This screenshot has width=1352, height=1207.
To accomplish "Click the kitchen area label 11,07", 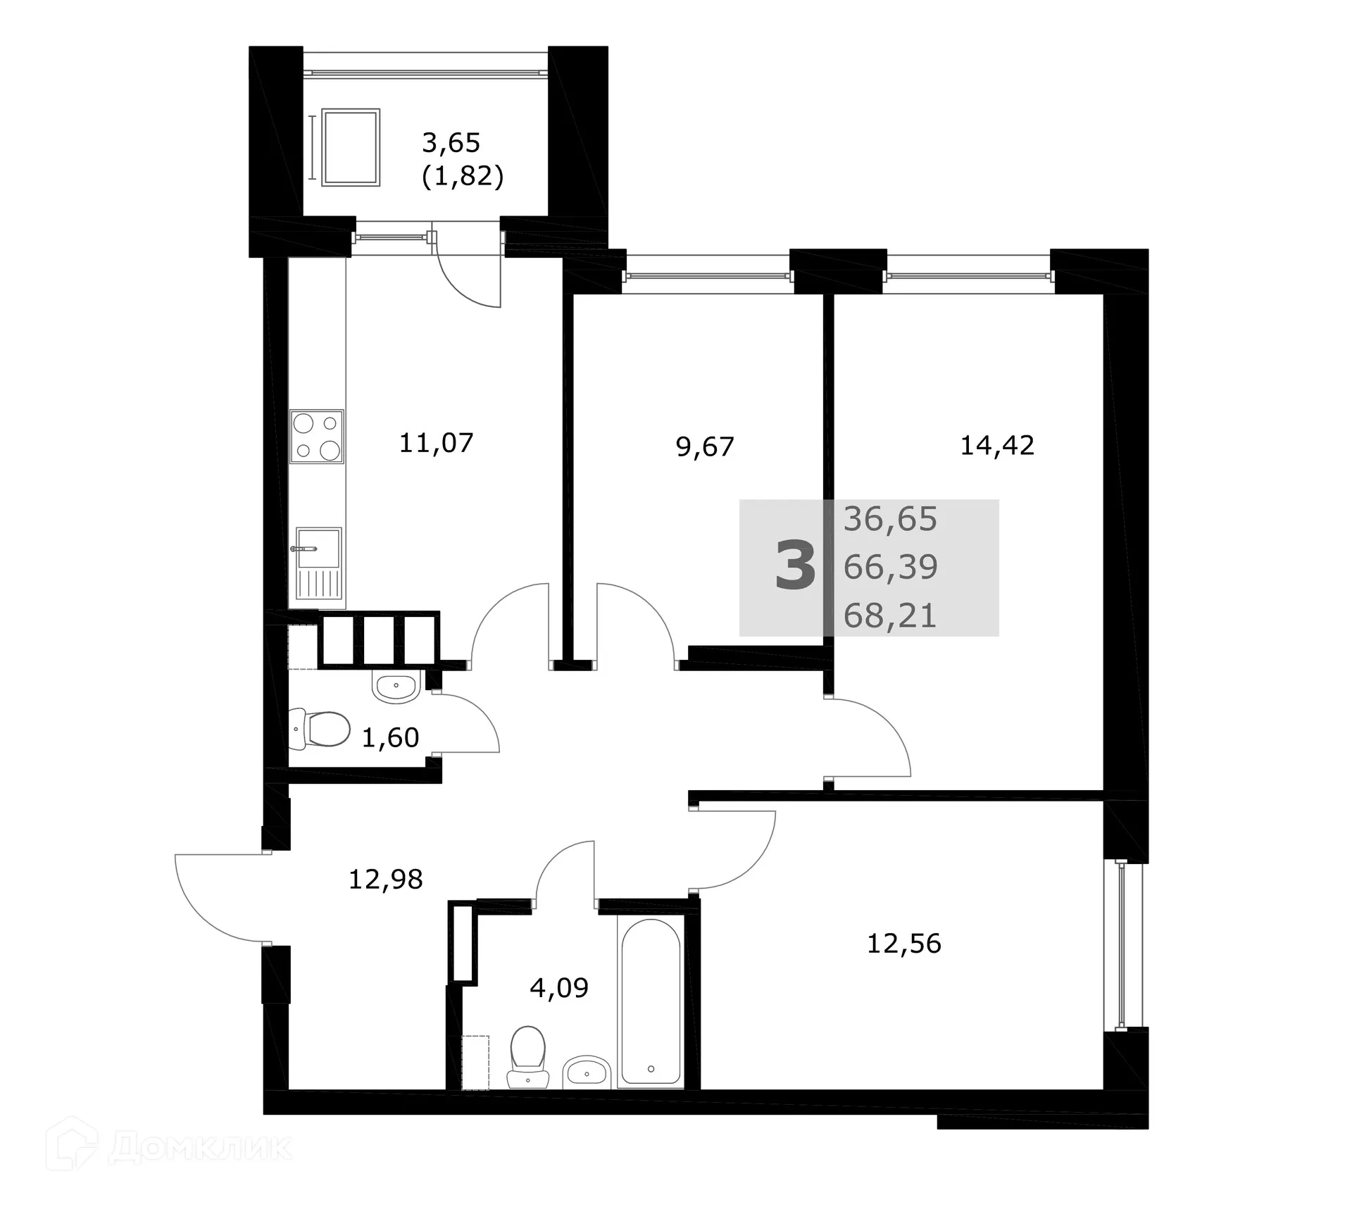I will [x=436, y=444].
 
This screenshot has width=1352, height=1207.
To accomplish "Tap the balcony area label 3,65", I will [x=451, y=143].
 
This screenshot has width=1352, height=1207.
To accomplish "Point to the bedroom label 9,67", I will [x=705, y=446].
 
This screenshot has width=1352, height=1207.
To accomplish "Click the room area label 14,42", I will [x=997, y=445].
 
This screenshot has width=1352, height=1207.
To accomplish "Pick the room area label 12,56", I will [x=903, y=943].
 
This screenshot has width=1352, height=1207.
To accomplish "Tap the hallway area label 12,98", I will [x=386, y=879].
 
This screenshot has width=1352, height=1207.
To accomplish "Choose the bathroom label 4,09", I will [x=558, y=987].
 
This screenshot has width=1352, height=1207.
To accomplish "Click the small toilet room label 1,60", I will [x=390, y=737].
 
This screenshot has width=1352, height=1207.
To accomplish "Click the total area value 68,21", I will [x=890, y=616].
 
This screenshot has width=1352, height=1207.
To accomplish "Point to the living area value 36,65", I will [x=890, y=519].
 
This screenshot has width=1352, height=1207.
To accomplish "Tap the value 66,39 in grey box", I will [x=890, y=567].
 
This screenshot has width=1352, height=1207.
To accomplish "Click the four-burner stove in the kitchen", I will [x=317, y=437].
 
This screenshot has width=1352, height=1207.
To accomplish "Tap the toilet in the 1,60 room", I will [x=320, y=729].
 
